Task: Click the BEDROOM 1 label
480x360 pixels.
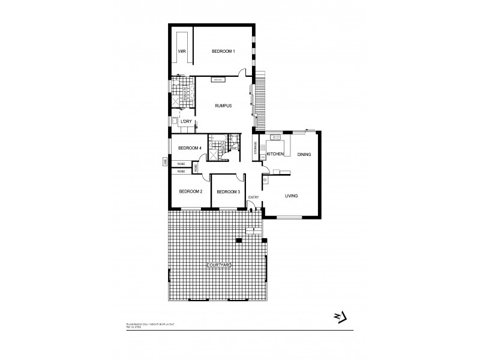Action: pos(223,52)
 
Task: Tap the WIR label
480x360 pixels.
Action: pos(182,52)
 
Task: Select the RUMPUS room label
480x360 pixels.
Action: pos(224,106)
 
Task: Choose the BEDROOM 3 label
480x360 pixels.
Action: pos(228,191)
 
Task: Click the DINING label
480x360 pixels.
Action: pos(304,155)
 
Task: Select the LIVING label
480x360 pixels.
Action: pos(291,196)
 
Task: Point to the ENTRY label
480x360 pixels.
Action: pos(253,197)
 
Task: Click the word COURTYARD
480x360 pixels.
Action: pos(219,265)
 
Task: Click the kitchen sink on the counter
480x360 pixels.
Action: pos(277,137)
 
